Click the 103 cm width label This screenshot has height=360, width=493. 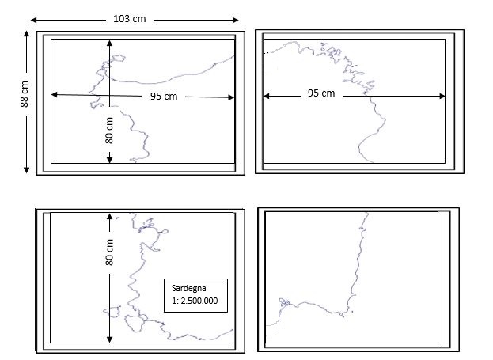click(x=130, y=19)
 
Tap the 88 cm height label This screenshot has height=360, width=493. click(x=25, y=94)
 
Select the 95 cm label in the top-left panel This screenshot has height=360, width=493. click(x=164, y=97)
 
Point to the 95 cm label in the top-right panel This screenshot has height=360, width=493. click(x=321, y=93)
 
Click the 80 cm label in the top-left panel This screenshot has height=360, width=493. click(x=109, y=131)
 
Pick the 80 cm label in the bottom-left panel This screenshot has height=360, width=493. click(x=109, y=252)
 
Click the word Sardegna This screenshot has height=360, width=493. click(x=188, y=288)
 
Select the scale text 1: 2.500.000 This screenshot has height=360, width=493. click(x=195, y=301)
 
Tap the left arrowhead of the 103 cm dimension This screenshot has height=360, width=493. click(x=34, y=20)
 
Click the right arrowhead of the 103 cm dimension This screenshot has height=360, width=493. click(x=236, y=20)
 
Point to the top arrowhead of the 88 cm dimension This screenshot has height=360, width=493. click(x=26, y=33)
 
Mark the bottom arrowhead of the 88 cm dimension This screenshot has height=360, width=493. click(x=26, y=170)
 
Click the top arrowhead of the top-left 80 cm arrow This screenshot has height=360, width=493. click(x=109, y=43)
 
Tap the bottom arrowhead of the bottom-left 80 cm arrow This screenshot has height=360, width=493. click(x=109, y=339)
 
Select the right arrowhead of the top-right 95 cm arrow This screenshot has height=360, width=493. click(x=442, y=96)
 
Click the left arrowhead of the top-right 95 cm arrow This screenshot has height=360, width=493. click(x=267, y=96)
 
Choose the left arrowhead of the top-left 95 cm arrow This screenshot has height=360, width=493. click(x=55, y=94)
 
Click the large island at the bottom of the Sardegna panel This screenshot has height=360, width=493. click(x=134, y=323)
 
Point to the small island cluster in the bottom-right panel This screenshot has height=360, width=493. click(x=284, y=302)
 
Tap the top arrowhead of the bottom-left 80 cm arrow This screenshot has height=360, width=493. click(x=109, y=217)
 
